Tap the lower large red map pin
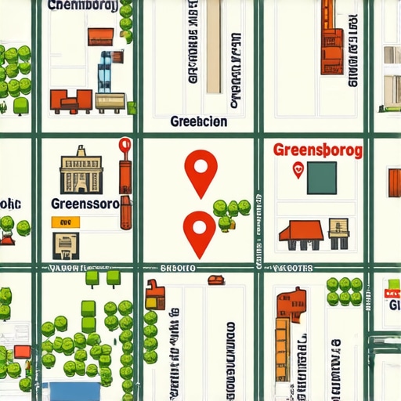click(x=198, y=229)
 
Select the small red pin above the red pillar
click(x=124, y=146)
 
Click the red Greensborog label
click(x=317, y=150)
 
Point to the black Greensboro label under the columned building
click(x=85, y=204)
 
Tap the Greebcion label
click(x=198, y=121)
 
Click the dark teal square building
click(x=322, y=177)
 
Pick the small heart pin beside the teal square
click(x=297, y=168)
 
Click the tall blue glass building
click(x=105, y=72)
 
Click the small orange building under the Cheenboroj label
click(x=100, y=35)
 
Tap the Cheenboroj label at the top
click(x=82, y=6)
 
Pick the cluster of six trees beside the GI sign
click(x=345, y=291)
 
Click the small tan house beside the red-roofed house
click(x=340, y=232)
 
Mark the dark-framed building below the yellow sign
click(x=65, y=245)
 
